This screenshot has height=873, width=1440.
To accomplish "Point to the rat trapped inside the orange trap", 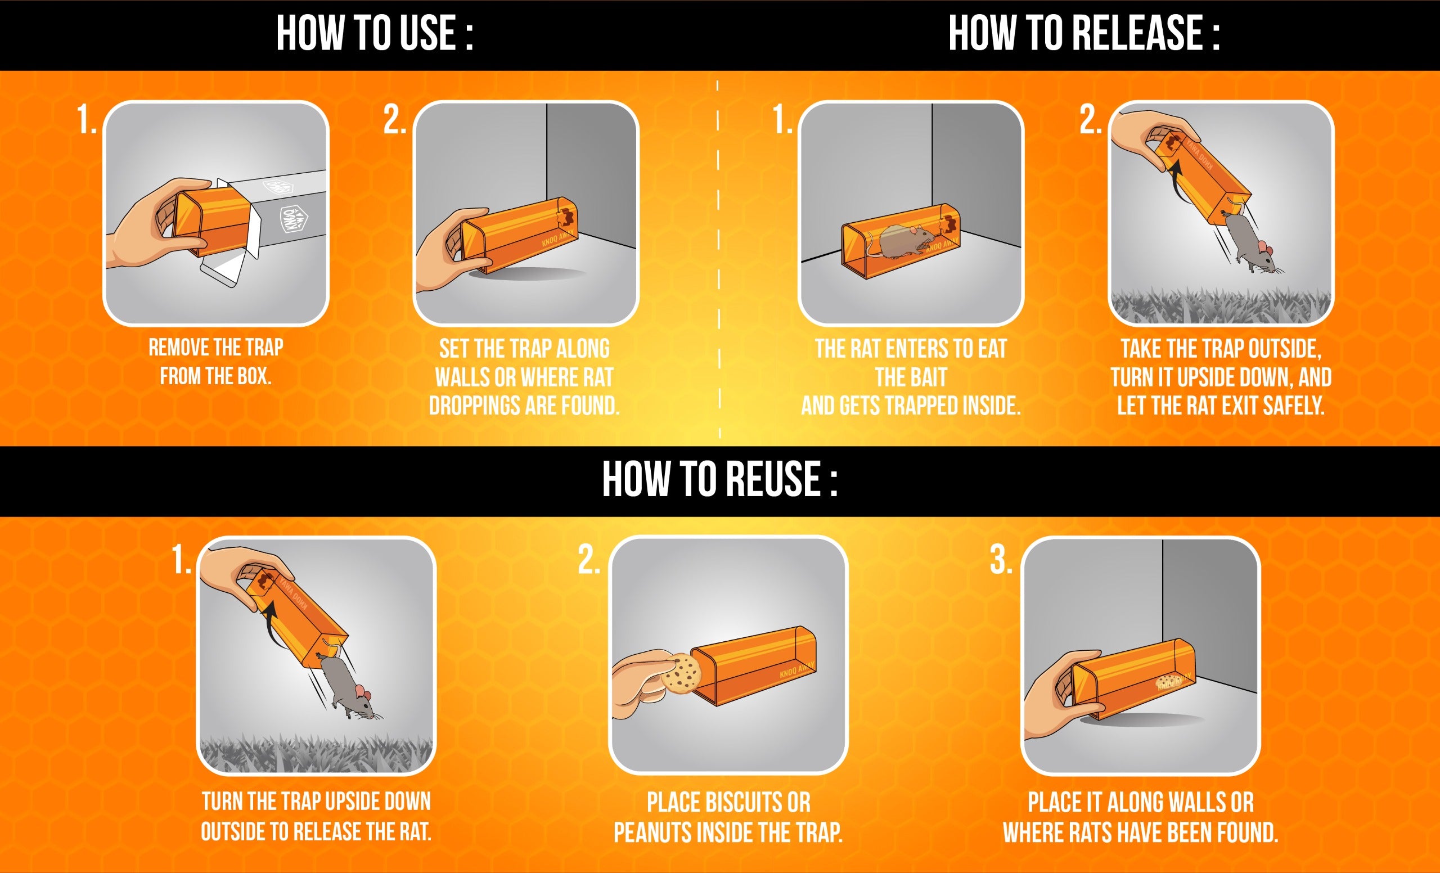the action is (903, 241).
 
